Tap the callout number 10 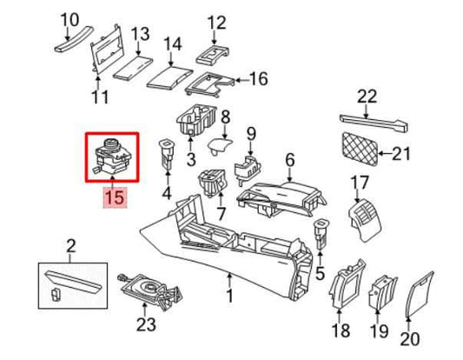click(x=68, y=17)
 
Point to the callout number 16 click(x=259, y=79)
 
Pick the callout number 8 click(x=224, y=116)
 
